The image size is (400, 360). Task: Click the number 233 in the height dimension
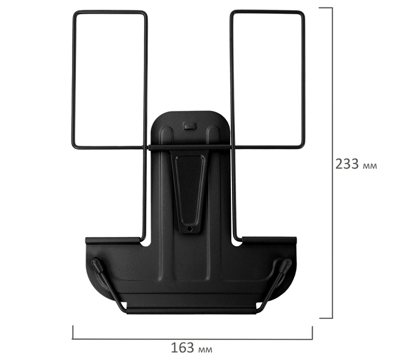347,164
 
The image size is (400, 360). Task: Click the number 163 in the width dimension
182,348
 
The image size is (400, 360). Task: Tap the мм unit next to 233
369,166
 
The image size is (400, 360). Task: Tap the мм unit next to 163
205,350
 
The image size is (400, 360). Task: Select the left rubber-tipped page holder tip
97,263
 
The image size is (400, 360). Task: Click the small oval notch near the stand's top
190,126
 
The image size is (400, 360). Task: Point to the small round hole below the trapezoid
190,229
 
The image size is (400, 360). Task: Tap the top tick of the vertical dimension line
326,7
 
